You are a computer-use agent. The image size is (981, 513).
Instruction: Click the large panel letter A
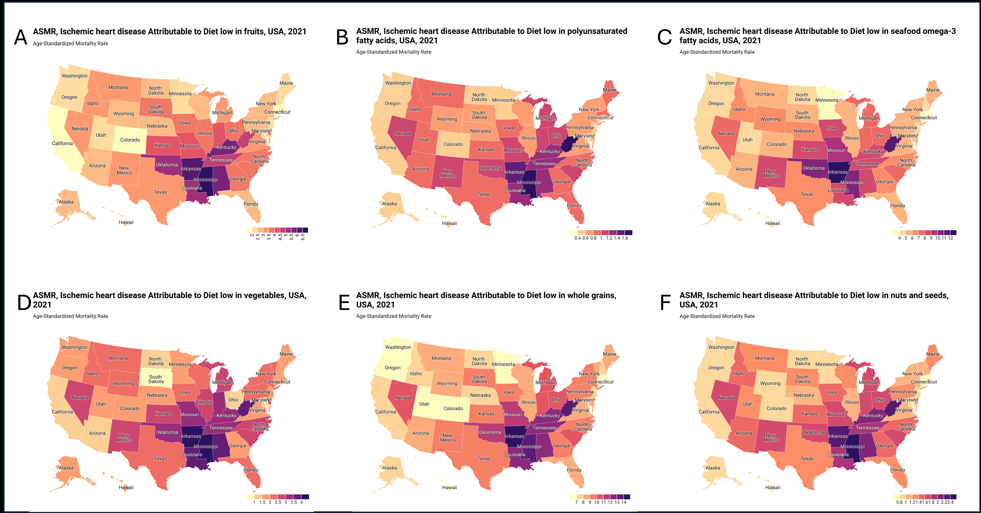click(21, 37)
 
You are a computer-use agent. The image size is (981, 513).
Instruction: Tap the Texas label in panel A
click(160, 192)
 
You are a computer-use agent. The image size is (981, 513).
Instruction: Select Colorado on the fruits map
click(130, 140)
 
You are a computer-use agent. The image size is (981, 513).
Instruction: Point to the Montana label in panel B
click(441, 94)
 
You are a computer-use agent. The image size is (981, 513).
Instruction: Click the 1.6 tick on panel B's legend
click(625, 238)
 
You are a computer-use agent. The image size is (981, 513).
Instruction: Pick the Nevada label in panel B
click(403, 133)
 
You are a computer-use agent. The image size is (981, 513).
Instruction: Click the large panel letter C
click(664, 37)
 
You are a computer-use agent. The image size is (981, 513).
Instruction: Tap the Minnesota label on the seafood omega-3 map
click(826, 100)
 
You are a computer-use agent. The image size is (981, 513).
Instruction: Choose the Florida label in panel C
click(897, 206)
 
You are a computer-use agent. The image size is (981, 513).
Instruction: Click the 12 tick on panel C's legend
click(951, 238)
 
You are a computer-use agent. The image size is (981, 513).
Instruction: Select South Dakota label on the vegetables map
click(156, 379)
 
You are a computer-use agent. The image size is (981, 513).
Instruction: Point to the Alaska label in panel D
click(66, 468)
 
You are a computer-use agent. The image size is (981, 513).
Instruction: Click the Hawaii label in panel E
click(449, 487)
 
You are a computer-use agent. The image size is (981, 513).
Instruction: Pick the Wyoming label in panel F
click(770, 384)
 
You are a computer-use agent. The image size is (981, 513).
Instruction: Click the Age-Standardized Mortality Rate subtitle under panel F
click(717, 316)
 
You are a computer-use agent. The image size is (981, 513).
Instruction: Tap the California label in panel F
click(709, 412)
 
